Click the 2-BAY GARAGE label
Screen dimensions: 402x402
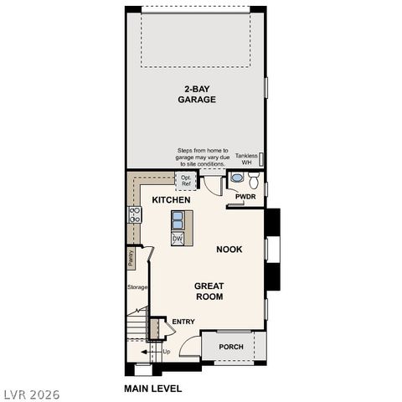coord(197,94)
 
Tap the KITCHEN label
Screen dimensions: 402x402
coord(171,200)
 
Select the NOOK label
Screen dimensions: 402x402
coord(229,249)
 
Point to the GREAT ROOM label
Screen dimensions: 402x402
coord(209,291)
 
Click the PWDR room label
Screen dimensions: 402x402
coord(245,197)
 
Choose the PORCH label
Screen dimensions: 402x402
coord(231,347)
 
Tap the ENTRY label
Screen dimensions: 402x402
coord(183,322)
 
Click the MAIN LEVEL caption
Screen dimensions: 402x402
coord(152,389)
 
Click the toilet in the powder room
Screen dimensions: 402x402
coord(238,178)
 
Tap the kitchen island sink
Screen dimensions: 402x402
coord(178,220)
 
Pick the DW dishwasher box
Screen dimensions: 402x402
coord(178,239)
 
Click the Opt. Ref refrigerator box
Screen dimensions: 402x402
coord(186,180)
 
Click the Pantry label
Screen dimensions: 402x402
coord(131,257)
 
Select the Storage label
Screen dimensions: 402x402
coord(137,287)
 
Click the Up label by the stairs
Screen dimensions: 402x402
coord(166,352)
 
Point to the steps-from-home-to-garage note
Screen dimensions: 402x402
coord(201,156)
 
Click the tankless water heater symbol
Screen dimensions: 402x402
coord(262,157)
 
